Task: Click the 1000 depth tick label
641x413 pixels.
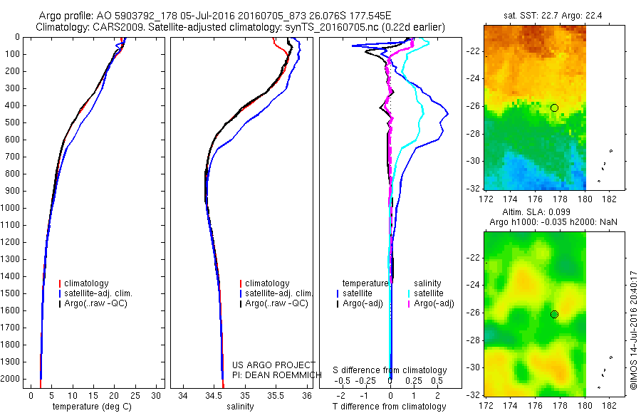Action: pos(13,208)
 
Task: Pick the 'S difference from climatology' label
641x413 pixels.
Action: pos(390,370)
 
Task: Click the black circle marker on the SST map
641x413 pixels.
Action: pos(554,108)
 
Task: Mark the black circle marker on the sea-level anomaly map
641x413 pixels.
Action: pos(554,314)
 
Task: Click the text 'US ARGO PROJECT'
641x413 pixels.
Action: pos(264,365)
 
